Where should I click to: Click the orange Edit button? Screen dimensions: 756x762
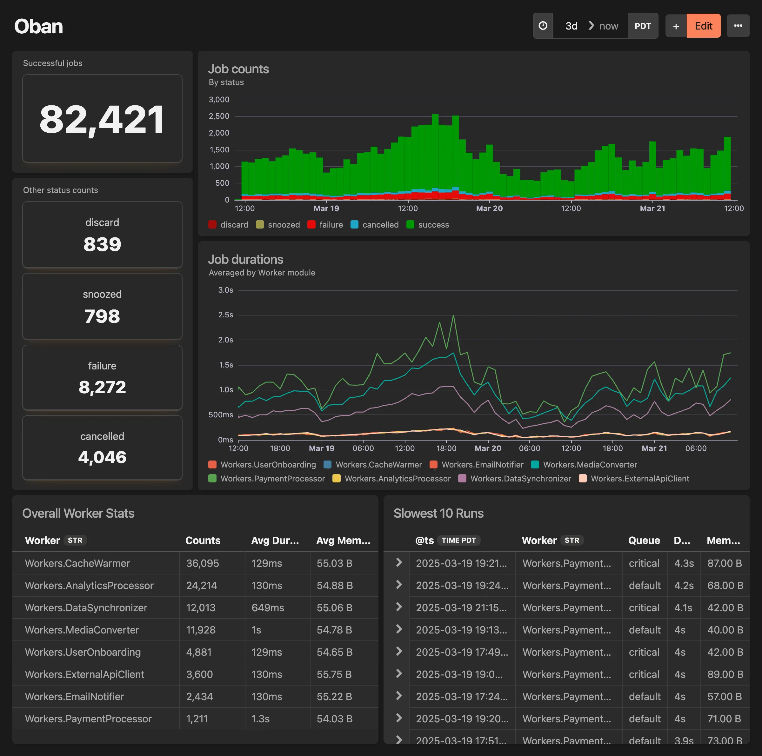pyautogui.click(x=703, y=26)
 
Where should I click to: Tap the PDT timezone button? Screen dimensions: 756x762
pyautogui.click(x=643, y=26)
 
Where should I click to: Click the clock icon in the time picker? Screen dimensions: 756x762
pyautogui.click(x=543, y=26)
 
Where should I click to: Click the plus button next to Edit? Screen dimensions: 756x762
pyautogui.click(x=676, y=26)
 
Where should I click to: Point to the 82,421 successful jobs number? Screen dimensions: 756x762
pyautogui.click(x=102, y=119)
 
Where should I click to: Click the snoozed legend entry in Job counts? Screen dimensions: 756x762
pyautogui.click(x=278, y=225)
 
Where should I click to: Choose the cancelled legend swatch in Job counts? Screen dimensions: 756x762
pyautogui.click(x=354, y=225)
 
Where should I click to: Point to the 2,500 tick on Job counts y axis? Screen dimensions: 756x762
pyautogui.click(x=219, y=116)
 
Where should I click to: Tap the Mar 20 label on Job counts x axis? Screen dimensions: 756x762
pyautogui.click(x=489, y=209)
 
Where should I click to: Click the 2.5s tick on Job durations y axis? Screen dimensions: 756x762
pyautogui.click(x=226, y=315)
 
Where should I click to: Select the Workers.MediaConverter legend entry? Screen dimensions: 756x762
pyautogui.click(x=584, y=465)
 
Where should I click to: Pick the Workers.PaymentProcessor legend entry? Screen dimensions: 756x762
pyautogui.click(x=267, y=479)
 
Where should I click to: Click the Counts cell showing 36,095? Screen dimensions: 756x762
pyautogui.click(x=202, y=563)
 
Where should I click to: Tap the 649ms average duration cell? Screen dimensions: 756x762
pyautogui.click(x=267, y=608)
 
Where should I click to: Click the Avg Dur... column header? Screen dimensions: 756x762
pyautogui.click(x=275, y=540)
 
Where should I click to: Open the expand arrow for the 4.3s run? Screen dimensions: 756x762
pyautogui.click(x=399, y=562)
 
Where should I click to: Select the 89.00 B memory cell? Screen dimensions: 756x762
pyautogui.click(x=724, y=674)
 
